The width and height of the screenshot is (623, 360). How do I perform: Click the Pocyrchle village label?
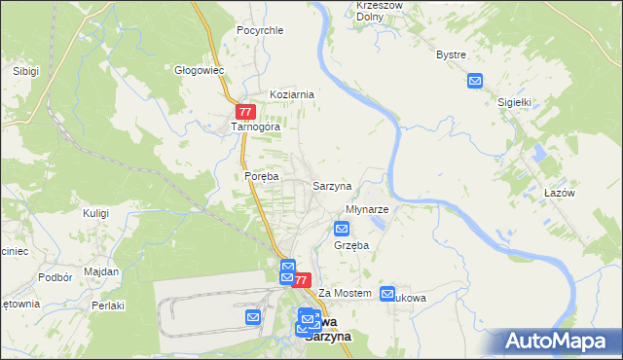[x=260, y=30]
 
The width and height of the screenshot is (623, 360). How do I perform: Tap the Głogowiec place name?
[x=200, y=70]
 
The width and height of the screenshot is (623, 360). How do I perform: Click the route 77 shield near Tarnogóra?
[x=245, y=112]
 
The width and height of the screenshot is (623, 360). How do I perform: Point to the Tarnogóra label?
[x=255, y=127]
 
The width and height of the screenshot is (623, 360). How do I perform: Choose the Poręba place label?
[x=262, y=176]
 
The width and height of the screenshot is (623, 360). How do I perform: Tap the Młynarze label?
[x=368, y=209]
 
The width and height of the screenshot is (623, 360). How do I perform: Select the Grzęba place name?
[x=350, y=246]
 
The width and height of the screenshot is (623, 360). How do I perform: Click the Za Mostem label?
[x=346, y=293]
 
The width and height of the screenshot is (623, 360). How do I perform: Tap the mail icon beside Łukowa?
[x=388, y=294]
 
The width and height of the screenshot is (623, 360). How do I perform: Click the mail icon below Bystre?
[x=474, y=82]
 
